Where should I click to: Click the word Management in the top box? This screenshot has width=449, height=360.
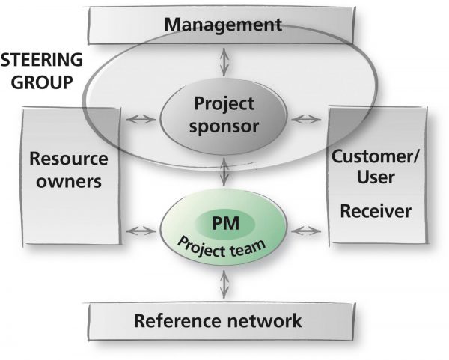(x=223, y=25)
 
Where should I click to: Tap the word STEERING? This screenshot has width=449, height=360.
(x=42, y=60)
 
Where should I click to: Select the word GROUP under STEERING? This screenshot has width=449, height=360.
(x=42, y=82)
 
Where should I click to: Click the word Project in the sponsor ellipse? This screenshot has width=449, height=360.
(x=224, y=104)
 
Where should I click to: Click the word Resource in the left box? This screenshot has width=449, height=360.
(x=69, y=159)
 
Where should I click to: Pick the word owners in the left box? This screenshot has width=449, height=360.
(x=69, y=181)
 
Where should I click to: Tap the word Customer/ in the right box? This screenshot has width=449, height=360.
(x=375, y=156)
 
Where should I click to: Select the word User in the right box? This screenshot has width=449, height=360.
(x=376, y=177)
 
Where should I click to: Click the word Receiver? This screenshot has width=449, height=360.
(x=376, y=211)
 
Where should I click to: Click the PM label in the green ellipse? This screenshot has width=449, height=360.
(x=226, y=223)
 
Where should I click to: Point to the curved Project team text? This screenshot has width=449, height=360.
(x=221, y=248)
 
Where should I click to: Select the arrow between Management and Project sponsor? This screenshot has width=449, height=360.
(x=224, y=62)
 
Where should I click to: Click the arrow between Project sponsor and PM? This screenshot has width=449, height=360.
(x=224, y=172)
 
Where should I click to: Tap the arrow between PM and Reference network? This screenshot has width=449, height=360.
(x=224, y=284)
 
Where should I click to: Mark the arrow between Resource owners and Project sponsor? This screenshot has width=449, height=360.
(x=141, y=119)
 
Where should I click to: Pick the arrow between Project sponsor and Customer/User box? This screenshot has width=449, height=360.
(x=306, y=119)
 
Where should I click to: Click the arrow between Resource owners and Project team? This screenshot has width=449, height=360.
(x=141, y=231)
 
